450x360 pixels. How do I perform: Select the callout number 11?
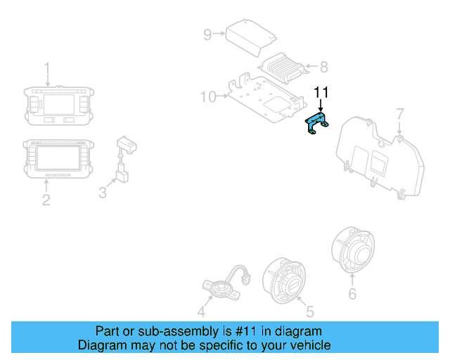(321, 92)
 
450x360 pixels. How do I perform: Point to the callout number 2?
(46, 200)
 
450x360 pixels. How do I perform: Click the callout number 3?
(103, 191)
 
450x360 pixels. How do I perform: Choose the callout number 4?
(201, 312)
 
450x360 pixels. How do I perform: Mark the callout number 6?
(352, 293)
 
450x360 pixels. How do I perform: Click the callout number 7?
(399, 113)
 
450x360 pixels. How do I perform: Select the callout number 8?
(323, 67)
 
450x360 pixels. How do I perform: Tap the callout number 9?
(207, 34)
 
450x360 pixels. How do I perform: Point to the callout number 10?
(208, 96)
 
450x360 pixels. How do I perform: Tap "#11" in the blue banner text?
(236, 331)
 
